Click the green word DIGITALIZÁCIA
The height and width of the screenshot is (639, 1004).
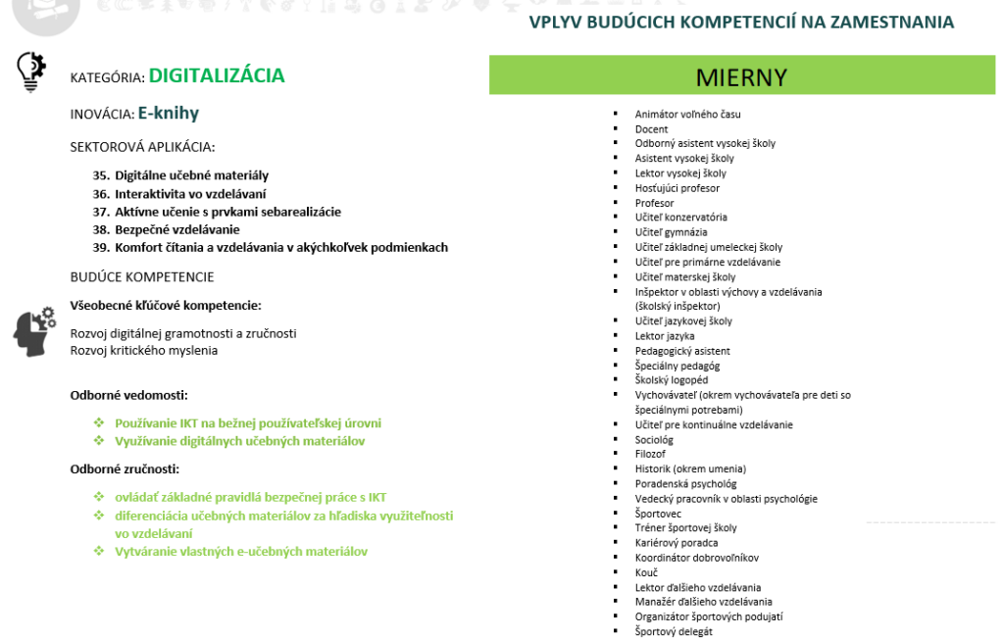click(217, 75)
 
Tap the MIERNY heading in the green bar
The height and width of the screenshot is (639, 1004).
click(741, 77)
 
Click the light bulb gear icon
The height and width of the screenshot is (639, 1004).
click(31, 71)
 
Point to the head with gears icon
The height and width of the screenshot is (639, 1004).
click(35, 331)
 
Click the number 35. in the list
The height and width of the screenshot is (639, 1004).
click(101, 175)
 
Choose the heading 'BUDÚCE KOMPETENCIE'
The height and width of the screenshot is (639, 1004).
click(142, 277)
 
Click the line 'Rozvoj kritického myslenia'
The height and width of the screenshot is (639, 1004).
click(144, 350)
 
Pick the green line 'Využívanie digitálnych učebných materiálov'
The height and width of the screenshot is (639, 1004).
click(240, 441)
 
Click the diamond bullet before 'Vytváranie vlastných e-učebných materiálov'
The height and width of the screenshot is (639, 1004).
click(99, 551)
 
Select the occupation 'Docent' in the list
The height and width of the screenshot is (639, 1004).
click(651, 129)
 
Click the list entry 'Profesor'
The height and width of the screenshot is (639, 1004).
click(654, 203)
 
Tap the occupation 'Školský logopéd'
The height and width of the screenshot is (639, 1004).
click(671, 380)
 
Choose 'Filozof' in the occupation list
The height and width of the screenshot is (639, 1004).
click(650, 455)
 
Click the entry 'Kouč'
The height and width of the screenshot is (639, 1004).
click(646, 572)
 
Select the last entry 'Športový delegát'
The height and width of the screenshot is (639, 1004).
click(674, 632)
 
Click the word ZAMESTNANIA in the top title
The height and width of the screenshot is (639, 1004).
click(886, 22)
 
